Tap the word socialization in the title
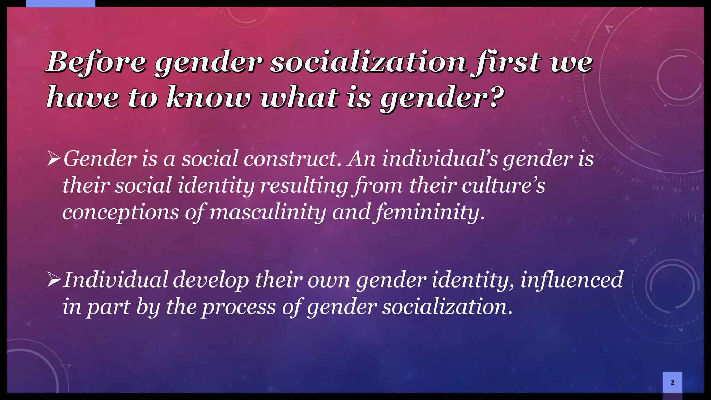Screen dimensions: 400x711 368,62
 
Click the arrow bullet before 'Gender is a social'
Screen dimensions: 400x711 54,159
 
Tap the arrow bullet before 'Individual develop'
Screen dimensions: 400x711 54,280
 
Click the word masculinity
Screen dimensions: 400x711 268,212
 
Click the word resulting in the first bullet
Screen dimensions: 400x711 304,185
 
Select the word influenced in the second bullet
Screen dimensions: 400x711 571,280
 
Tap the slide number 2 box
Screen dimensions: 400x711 672,382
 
